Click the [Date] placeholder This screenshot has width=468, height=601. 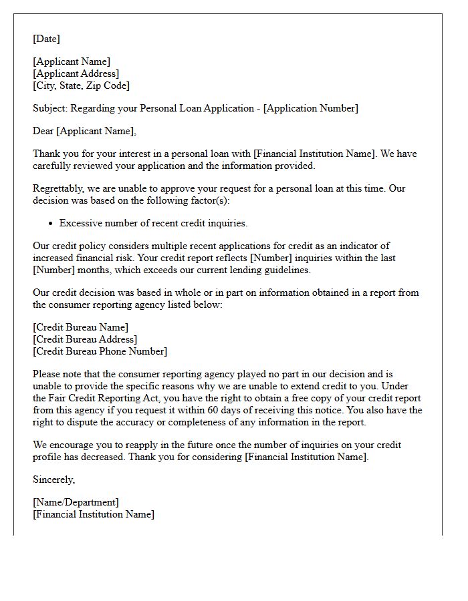46,39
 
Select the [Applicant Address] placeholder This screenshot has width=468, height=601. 76,73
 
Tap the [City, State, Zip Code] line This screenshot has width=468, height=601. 81,85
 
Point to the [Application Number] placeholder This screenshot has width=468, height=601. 311,108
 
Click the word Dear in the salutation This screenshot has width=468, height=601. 43,131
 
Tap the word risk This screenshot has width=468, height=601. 122,258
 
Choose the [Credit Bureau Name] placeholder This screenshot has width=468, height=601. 80,327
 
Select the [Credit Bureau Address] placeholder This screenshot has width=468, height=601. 84,339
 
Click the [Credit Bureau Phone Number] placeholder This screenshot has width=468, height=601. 100,351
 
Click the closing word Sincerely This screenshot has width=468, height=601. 54,479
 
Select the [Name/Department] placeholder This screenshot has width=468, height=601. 76,502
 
